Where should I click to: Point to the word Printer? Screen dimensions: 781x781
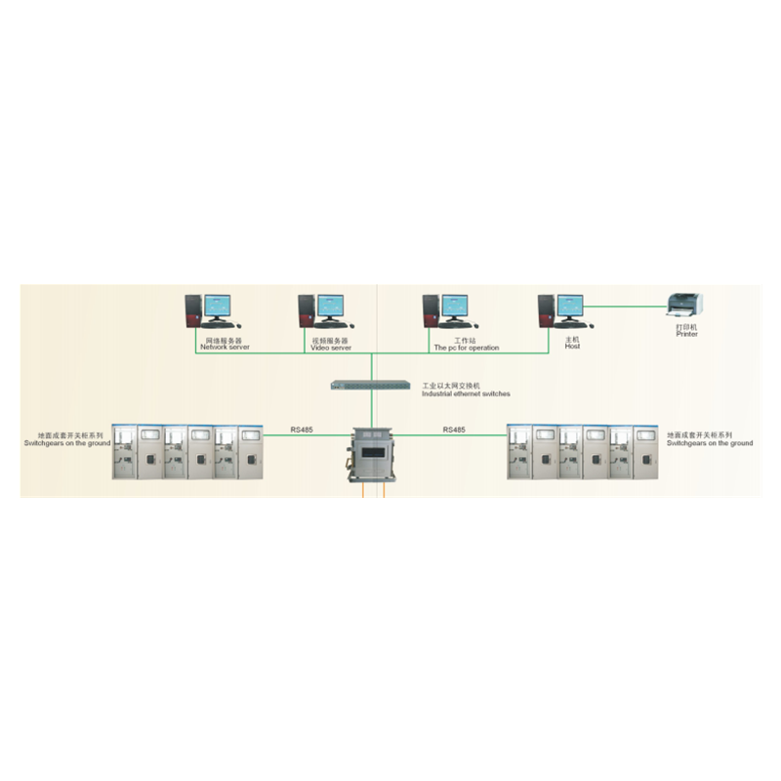pyautogui.click(x=686, y=334)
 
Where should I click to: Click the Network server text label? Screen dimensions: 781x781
pyautogui.click(x=225, y=348)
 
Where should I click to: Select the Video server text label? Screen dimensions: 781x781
pyautogui.click(x=331, y=348)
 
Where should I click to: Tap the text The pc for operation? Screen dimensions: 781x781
pyautogui.click(x=466, y=348)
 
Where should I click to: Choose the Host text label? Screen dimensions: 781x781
pyautogui.click(x=572, y=347)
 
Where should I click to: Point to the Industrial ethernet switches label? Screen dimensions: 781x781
pyautogui.click(x=466, y=393)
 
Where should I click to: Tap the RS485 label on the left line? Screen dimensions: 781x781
pyautogui.click(x=302, y=430)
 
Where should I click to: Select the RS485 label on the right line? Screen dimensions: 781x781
pyautogui.click(x=454, y=430)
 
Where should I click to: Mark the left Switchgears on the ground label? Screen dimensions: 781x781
pyautogui.click(x=67, y=443)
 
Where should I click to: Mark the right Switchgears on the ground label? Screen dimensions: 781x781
pyautogui.click(x=710, y=443)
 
